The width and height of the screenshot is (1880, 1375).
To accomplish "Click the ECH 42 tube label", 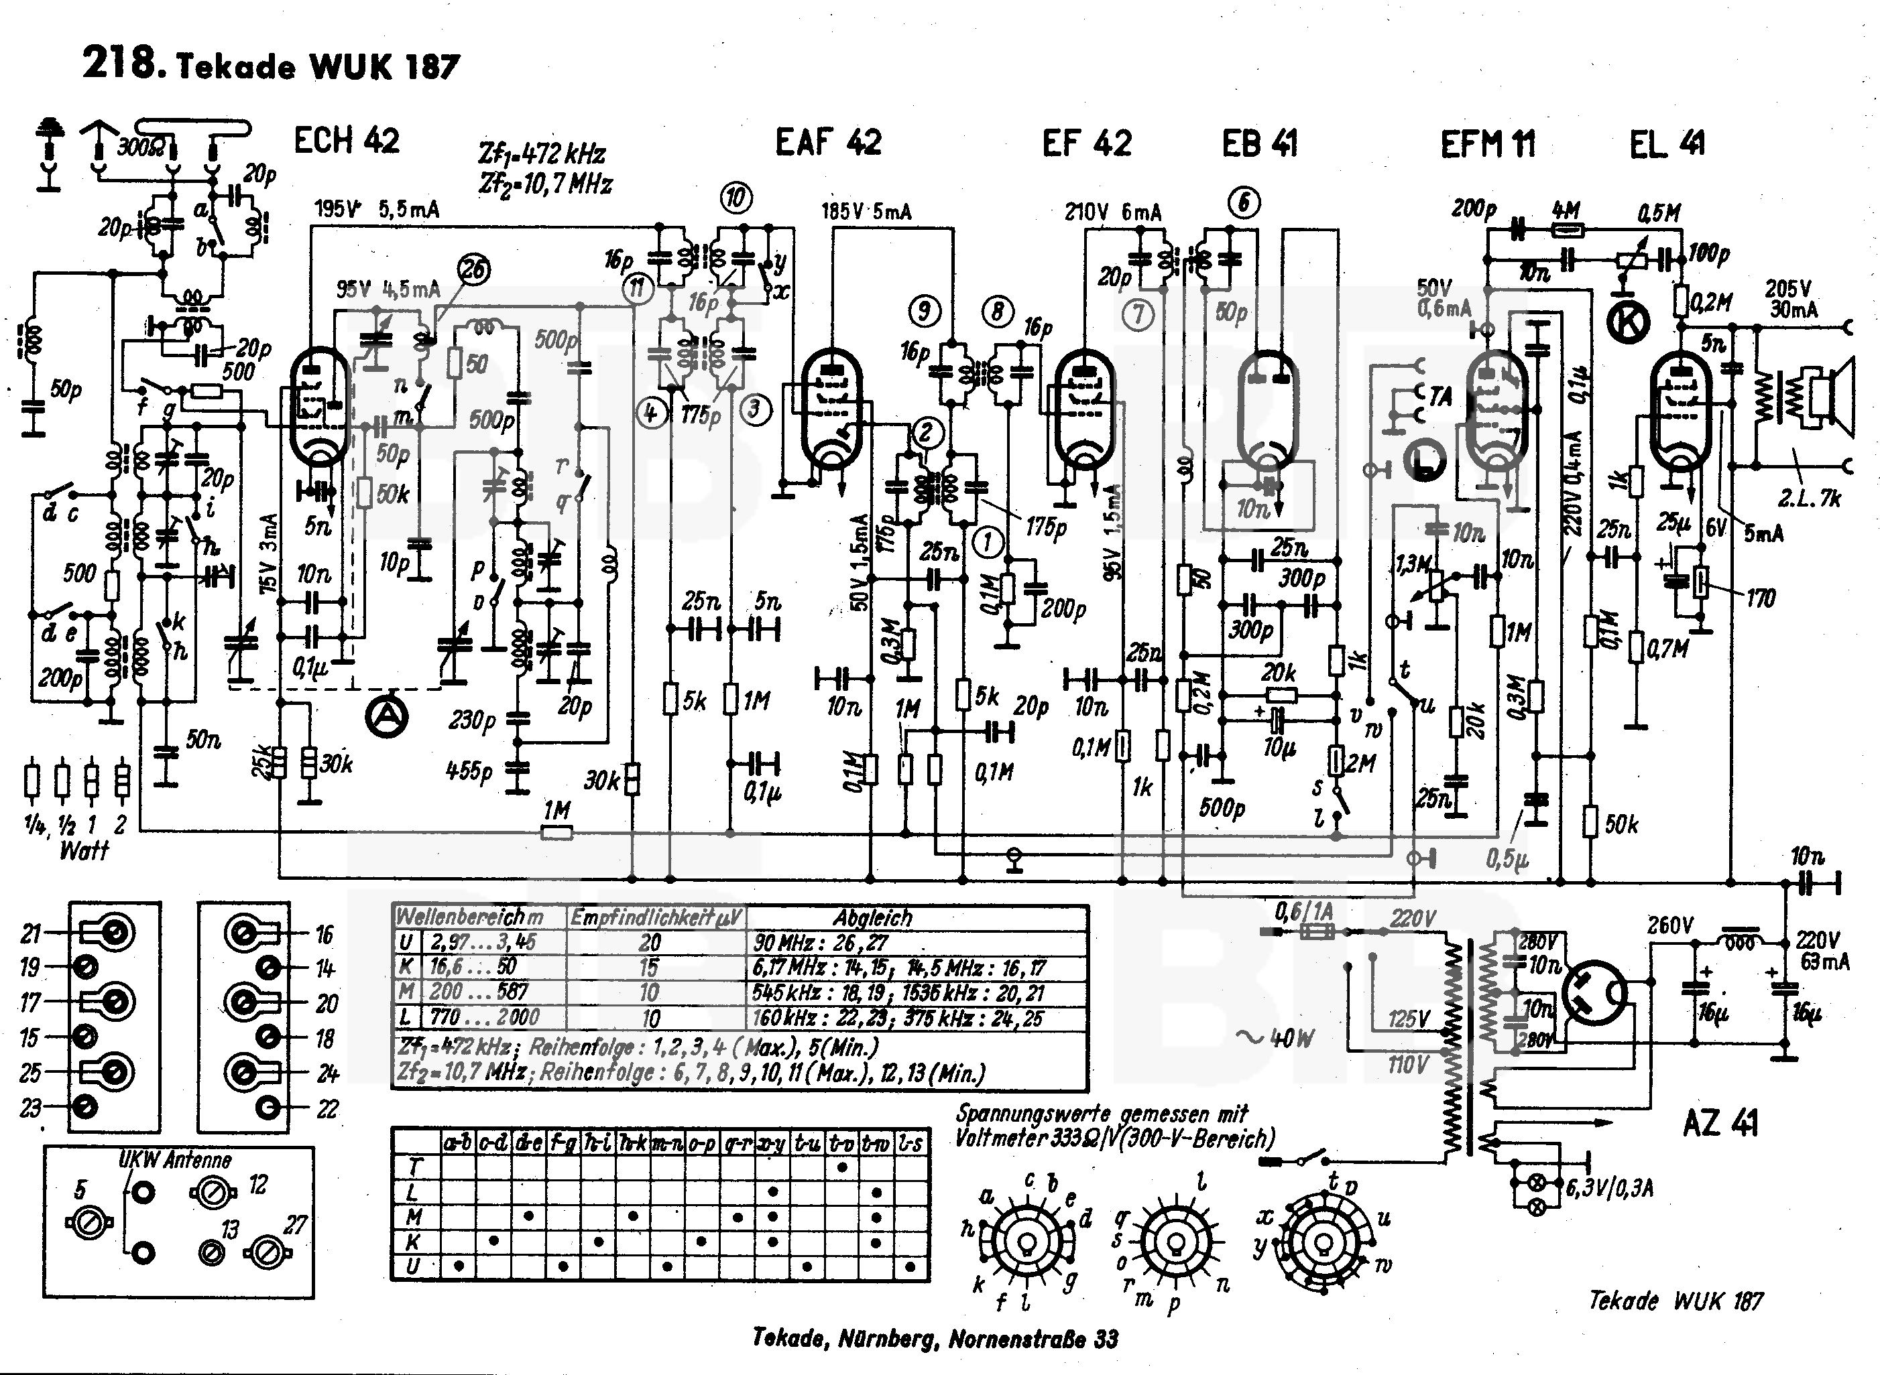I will [347, 141].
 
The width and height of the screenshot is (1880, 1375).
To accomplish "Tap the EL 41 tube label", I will [1667, 144].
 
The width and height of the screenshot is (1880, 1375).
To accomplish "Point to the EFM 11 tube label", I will [1488, 144].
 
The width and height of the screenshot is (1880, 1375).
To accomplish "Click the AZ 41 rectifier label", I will [1720, 1124].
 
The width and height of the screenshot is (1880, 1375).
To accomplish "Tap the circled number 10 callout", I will [736, 198].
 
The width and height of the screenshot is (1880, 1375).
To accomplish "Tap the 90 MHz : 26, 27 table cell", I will [821, 943].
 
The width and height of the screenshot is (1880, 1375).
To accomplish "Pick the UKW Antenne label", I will [175, 1159].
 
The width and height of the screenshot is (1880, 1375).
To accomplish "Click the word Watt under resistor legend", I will [84, 850].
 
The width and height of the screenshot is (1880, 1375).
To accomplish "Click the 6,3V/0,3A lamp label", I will [1608, 1188].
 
